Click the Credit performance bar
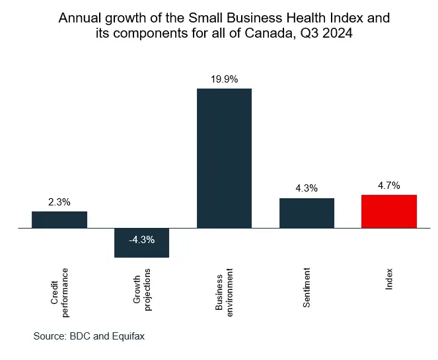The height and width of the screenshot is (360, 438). click(x=59, y=220)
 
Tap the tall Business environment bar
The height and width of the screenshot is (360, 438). click(x=224, y=159)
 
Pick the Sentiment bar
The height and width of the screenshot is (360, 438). click(x=307, y=213)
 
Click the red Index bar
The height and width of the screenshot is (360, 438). click(x=389, y=211)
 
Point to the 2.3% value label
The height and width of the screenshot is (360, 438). click(x=59, y=202)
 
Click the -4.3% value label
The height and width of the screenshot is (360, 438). click(x=141, y=240)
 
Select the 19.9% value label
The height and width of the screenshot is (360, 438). click(x=224, y=79)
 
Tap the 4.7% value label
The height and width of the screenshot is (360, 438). click(x=389, y=186)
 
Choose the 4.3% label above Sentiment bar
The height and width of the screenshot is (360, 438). click(x=307, y=188)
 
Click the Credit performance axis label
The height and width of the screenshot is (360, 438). click(x=59, y=287)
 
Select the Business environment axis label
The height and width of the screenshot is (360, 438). click(x=225, y=291)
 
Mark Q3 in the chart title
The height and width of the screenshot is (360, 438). click(x=307, y=35)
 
